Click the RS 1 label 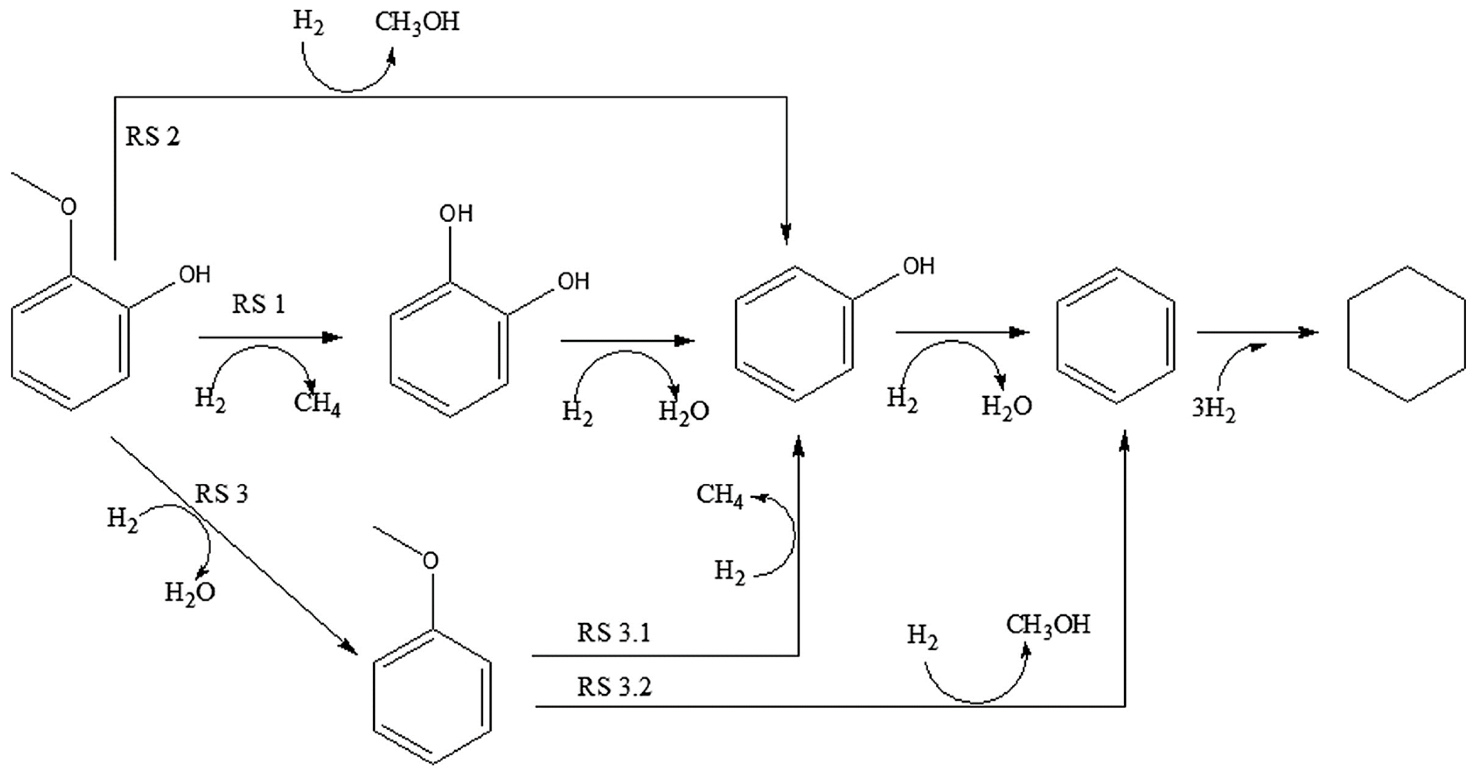pos(258,304)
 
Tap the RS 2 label pos(153,136)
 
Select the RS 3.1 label pos(613,633)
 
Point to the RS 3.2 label pos(614,687)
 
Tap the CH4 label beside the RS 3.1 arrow pos(720,495)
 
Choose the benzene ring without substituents pos(1116,335)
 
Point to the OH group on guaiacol pos(195,275)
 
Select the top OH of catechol pos(456,214)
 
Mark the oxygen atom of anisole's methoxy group pos(430,560)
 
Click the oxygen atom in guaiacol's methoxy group pos(68,206)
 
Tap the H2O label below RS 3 pos(190,592)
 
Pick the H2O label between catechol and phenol pos(683,411)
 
